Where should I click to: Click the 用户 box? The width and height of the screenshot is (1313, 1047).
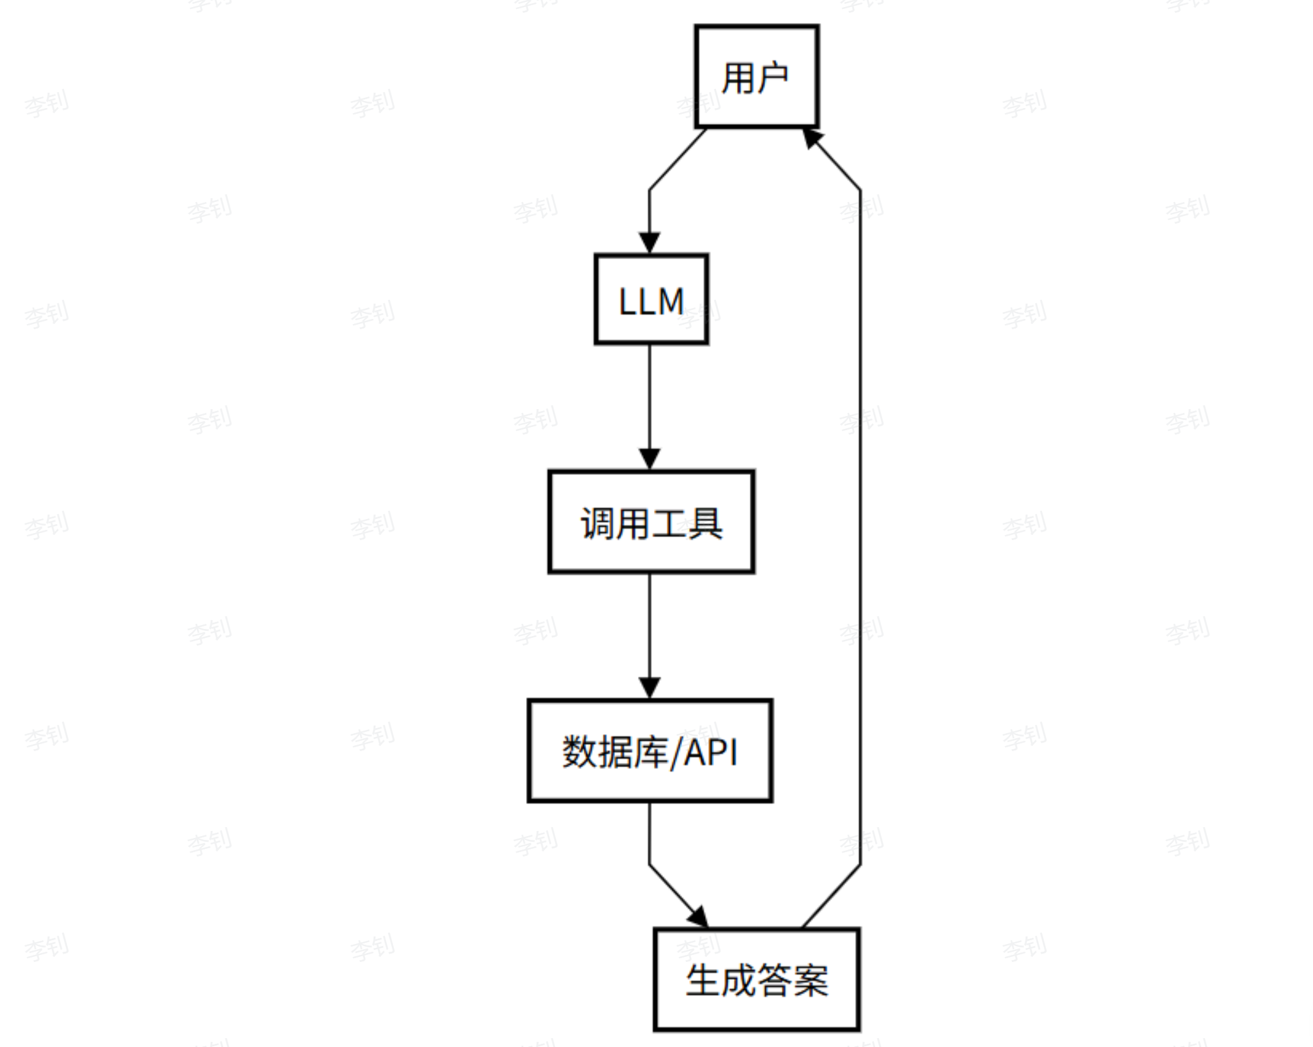coord(756,77)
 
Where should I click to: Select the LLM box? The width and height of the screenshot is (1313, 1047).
coord(651,300)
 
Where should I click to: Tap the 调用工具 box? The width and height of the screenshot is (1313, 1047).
coord(651,522)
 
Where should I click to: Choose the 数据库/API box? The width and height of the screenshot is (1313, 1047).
coord(649,750)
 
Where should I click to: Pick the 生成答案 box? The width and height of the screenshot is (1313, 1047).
coord(756,979)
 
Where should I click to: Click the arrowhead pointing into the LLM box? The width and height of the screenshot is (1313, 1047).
coord(649,243)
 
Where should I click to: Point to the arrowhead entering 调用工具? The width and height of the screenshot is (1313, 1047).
coord(649,459)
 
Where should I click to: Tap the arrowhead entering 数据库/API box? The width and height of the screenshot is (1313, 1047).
coord(649,688)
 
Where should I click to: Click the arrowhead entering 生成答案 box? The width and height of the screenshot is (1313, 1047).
coord(699,917)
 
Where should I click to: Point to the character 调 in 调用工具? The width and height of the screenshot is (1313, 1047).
coord(597,523)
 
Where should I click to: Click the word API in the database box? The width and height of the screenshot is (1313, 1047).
coord(711,752)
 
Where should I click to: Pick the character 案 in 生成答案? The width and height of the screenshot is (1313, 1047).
coord(811,981)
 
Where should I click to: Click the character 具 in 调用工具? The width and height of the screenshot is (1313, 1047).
coord(705,523)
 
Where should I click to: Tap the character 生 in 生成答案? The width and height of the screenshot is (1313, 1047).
coord(703,981)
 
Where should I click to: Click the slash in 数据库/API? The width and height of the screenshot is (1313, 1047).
coord(676,752)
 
